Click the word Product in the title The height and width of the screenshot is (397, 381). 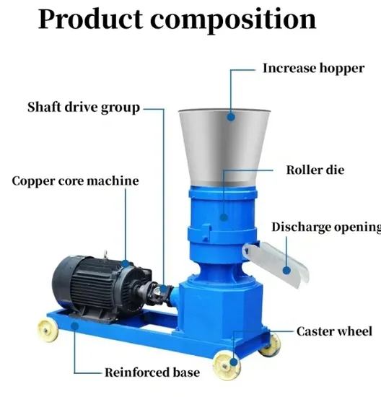pos(90,19)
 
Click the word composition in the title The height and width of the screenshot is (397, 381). pos(233,21)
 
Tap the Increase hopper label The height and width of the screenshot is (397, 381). pos(313,69)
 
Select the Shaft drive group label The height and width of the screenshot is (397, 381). pos(84,108)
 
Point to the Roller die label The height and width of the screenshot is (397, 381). pos(315,170)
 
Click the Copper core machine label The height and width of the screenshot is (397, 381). pos(75,181)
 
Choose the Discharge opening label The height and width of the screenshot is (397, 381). pos(326,227)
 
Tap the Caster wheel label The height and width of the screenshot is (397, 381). pos(334,331)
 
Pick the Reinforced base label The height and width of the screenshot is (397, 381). pos(152,372)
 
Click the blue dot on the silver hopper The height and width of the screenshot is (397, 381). pos(231,117)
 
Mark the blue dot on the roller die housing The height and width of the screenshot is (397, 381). pos(224,217)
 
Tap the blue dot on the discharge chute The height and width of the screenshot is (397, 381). pos(286,271)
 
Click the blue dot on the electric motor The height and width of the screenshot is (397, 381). pos(126,263)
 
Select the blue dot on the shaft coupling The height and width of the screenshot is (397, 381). pos(164,289)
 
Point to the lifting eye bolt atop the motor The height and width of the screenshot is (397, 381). pos(105,254)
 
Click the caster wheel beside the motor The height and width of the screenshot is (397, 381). pos(48,331)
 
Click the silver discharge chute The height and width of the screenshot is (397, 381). pos(276,263)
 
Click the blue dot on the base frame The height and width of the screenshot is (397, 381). pos(74,326)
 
